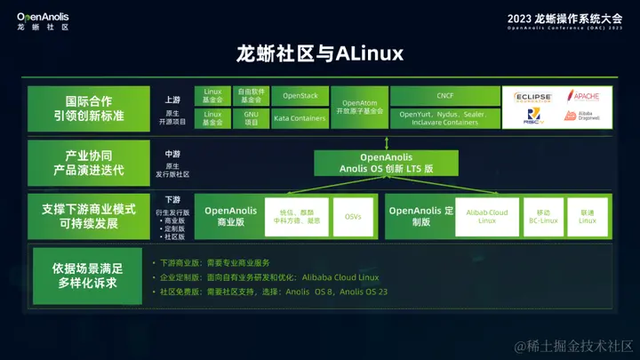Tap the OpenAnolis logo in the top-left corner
point(43,20)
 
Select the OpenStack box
point(300,95)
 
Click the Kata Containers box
point(300,117)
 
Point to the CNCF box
point(444,95)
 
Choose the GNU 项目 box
point(252,117)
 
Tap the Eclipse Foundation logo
point(533,96)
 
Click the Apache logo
point(586,96)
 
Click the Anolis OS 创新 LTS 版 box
point(387,163)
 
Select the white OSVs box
point(353,216)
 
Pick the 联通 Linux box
point(588,216)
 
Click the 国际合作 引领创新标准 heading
point(88,107)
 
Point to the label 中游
point(172,153)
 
